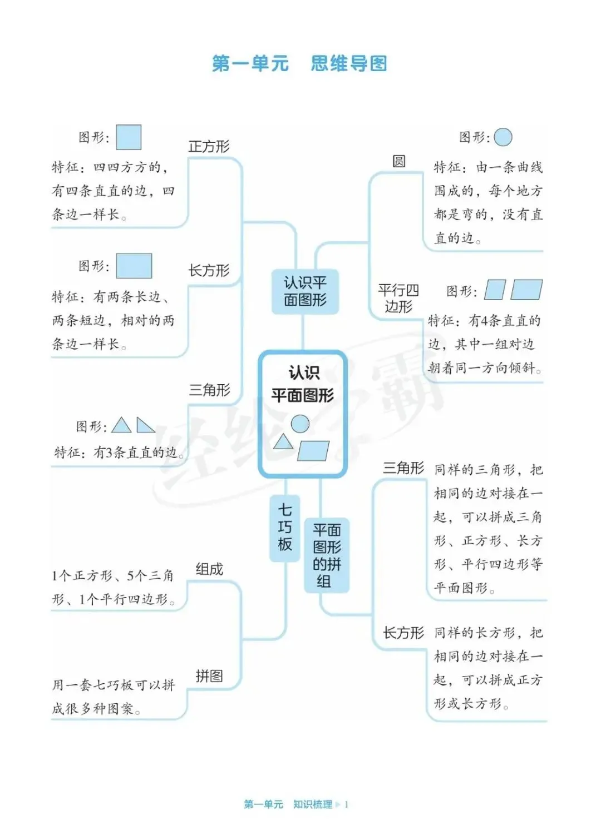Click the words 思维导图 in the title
pyautogui.click(x=348, y=64)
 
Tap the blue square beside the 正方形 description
pyautogui.click(x=129, y=137)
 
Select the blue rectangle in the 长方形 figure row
pyautogui.click(x=134, y=266)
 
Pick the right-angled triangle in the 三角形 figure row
pyautogui.click(x=145, y=426)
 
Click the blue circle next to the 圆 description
pyautogui.click(x=503, y=137)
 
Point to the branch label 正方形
pyautogui.click(x=209, y=147)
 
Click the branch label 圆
pyautogui.click(x=399, y=161)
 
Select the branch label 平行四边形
pyautogui.click(x=398, y=298)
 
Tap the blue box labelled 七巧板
pyautogui.click(x=285, y=527)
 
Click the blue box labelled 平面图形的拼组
pyautogui.click(x=327, y=555)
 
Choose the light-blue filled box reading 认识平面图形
pyautogui.click(x=305, y=291)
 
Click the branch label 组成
pyautogui.click(x=209, y=569)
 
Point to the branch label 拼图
pyautogui.click(x=209, y=676)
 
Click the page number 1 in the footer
pyautogui.click(x=347, y=804)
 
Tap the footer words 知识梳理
pyautogui.click(x=312, y=804)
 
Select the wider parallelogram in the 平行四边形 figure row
pyautogui.click(x=526, y=290)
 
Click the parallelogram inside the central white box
pyautogui.click(x=313, y=451)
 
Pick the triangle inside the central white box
pyautogui.click(x=283, y=442)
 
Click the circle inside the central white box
pyautogui.click(x=300, y=424)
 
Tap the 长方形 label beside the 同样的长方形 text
pyautogui.click(x=403, y=633)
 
